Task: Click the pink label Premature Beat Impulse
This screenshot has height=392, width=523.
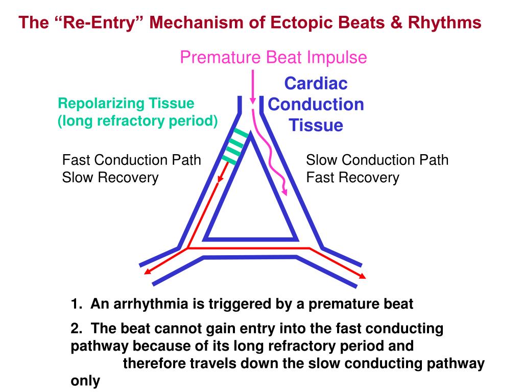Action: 273,57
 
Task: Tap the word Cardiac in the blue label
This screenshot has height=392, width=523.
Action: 316,83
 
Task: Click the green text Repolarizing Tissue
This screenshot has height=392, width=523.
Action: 126,104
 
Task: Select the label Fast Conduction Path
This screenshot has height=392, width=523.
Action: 131,160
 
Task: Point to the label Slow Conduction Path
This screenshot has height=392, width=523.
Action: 377,160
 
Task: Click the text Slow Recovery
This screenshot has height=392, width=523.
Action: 110,178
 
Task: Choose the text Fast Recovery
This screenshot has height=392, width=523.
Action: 352,178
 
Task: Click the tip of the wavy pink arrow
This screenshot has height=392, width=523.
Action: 285,194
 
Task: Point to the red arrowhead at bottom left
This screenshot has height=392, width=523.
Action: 147,271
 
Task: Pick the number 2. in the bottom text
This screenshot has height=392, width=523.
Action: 77,329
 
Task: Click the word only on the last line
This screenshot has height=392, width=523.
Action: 85,381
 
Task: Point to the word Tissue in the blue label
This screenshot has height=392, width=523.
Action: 316,125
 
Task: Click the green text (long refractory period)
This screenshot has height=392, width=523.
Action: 137,121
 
